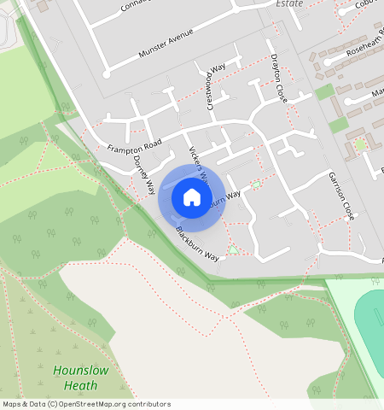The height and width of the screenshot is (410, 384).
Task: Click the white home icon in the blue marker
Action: click(x=192, y=198)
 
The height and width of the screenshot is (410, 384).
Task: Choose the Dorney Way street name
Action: click(x=145, y=173)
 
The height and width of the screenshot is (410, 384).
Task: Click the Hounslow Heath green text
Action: click(x=81, y=377)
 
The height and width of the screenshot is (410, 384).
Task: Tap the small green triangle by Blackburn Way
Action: click(x=233, y=251)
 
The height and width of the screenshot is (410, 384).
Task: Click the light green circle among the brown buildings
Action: click(x=360, y=144)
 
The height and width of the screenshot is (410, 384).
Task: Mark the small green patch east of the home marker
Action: click(x=256, y=184)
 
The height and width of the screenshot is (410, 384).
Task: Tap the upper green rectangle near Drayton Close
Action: click(x=324, y=92)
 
